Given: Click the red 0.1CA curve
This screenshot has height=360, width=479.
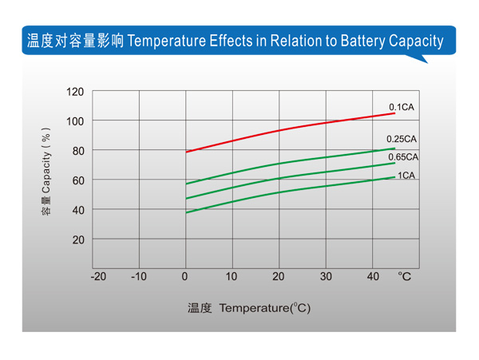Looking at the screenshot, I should coord(279,130).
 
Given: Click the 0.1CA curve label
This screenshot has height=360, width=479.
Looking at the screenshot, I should coord(402,107).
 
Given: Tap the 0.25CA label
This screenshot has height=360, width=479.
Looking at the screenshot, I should coord(402,139).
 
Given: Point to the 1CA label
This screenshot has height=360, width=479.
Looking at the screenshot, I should coord(406,176).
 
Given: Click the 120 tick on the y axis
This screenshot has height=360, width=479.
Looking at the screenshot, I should coord(74,92).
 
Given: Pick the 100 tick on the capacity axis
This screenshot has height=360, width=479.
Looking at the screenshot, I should coord(74,121).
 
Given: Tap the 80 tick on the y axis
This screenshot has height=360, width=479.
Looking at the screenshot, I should coord(77,151).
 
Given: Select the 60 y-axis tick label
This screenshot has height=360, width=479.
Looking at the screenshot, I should coord(77,180).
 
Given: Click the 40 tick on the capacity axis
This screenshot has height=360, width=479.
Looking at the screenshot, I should coord(77,210).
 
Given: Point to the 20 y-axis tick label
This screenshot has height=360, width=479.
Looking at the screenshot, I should coord(77,239).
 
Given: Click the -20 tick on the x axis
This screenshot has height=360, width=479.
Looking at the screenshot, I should coord(98,277).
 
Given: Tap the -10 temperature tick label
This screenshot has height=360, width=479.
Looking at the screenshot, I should coord(139,277).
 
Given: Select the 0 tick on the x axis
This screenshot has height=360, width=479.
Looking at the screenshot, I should coord(185,277).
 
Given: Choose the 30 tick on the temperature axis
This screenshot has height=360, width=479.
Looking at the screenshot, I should coord(326,277).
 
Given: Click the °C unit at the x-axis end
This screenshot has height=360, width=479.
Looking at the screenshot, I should coord(405,277).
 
